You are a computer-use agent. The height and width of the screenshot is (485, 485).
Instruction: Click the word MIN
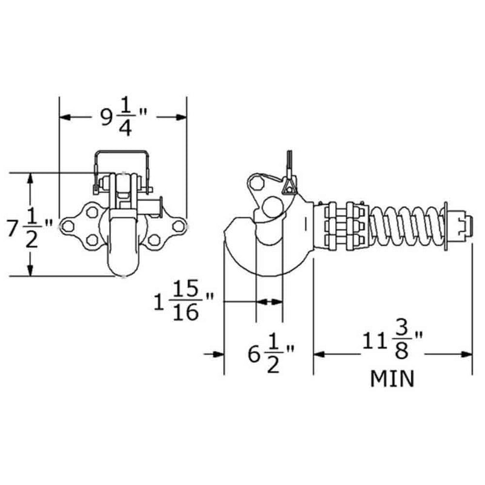tap(392, 380)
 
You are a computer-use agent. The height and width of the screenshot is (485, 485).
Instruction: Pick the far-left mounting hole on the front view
tap(68, 227)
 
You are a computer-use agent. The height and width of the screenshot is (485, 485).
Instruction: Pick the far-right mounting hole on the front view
tap(178, 227)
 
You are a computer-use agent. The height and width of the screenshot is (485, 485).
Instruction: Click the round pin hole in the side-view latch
tap(270, 207)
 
